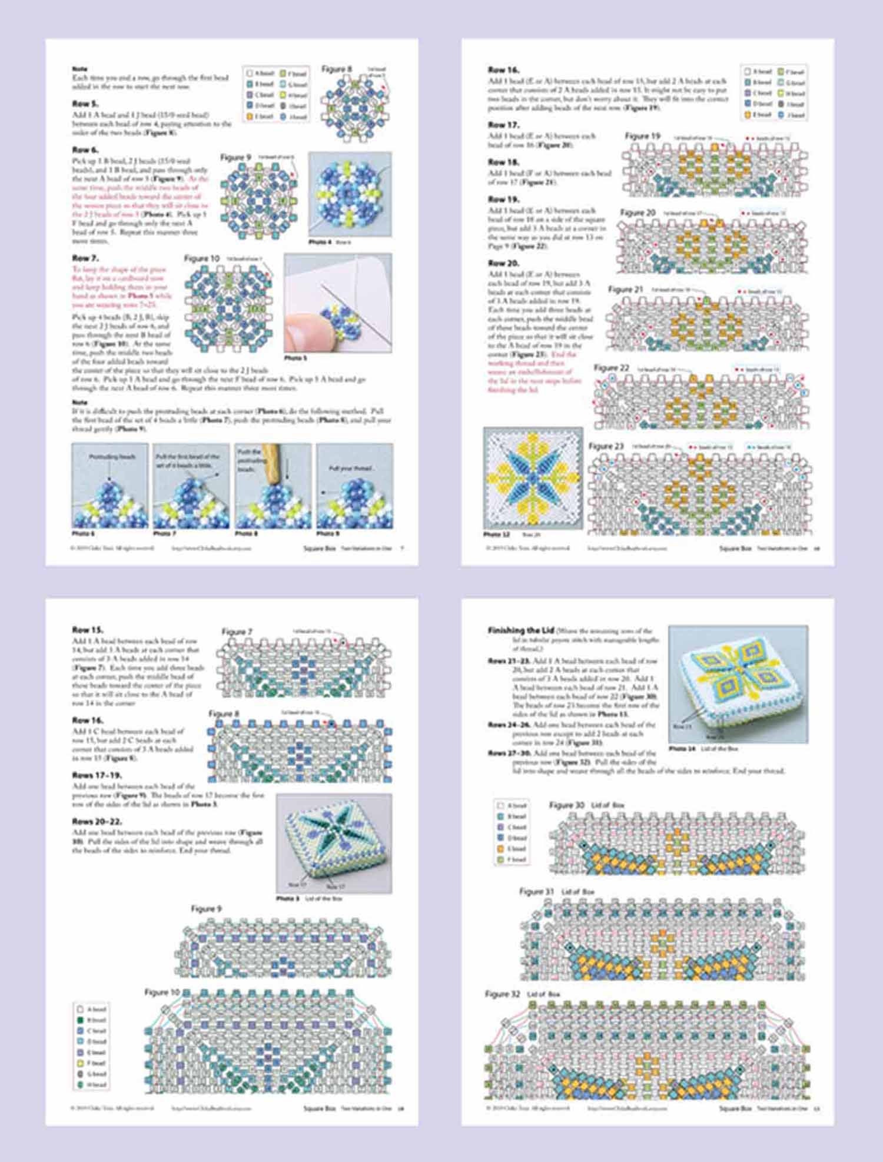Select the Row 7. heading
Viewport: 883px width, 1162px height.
85,258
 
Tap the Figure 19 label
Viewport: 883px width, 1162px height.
642,136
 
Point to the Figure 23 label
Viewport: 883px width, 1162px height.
606,446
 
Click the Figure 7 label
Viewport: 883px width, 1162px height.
237,632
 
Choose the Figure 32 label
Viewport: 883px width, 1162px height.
502,994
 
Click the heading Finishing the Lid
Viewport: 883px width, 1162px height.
521,630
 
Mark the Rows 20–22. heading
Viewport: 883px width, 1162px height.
97,821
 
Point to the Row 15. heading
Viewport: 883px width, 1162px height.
87,629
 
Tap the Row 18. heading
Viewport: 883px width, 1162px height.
503,162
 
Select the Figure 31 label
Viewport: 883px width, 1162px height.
536,891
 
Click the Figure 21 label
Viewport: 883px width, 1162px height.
625,289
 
